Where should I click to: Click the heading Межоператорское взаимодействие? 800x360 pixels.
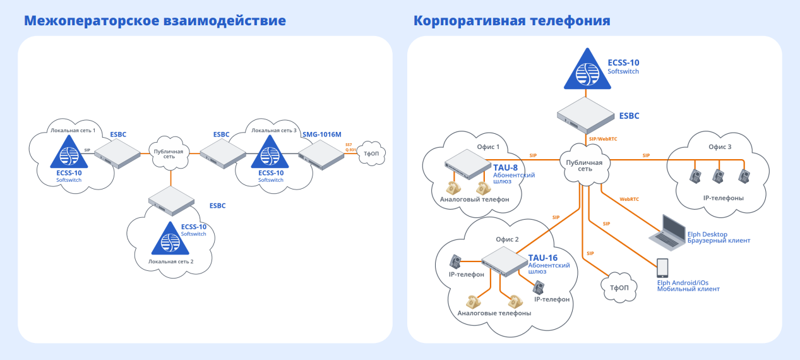(x=155, y=21)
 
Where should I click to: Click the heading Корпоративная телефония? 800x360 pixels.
(x=511, y=21)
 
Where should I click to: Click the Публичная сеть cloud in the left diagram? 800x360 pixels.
(x=169, y=155)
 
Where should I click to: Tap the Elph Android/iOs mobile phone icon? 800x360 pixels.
(x=662, y=268)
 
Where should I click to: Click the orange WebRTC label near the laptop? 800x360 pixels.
(x=629, y=199)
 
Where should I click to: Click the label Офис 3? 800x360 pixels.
(x=720, y=147)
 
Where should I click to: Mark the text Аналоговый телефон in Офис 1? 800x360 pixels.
(x=474, y=200)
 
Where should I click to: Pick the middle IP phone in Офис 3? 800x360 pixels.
(x=719, y=175)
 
